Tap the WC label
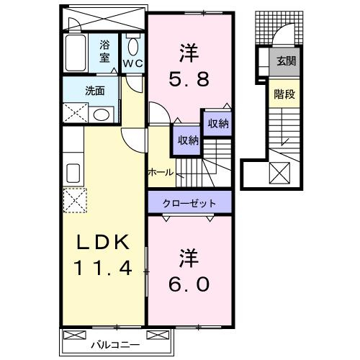[x=133, y=63]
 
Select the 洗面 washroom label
[x=95, y=91]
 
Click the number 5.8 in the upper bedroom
[x=191, y=79]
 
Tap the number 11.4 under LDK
[x=101, y=270]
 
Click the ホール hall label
[x=160, y=173]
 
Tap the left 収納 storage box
[x=184, y=140]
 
